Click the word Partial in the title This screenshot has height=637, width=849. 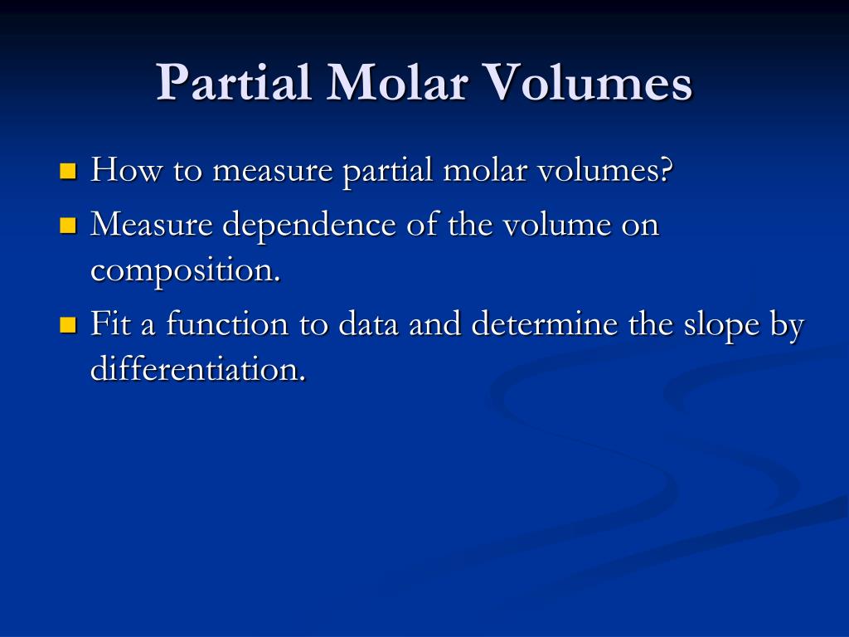point(233,82)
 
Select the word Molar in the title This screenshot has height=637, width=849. point(397,82)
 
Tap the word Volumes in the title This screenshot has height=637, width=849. point(588,82)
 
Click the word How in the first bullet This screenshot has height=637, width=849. point(126,169)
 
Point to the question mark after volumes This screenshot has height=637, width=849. point(667,169)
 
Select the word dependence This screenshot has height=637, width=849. point(309,225)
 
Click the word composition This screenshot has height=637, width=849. point(185,270)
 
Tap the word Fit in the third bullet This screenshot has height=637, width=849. point(111,323)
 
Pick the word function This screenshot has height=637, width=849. point(227,323)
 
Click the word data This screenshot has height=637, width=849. point(368,323)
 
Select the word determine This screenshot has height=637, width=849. point(544,323)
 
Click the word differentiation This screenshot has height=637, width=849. point(198,369)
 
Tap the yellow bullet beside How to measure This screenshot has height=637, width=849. point(68,171)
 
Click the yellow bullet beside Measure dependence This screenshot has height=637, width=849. point(68,226)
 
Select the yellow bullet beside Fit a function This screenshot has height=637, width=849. point(68,325)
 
